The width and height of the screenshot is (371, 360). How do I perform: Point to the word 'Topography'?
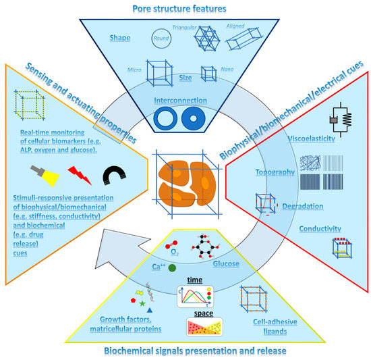(274, 172)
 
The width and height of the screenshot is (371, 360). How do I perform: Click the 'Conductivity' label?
(320, 228)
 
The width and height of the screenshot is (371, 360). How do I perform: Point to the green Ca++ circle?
(173, 268)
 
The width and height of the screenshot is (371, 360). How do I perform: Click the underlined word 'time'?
(195, 278)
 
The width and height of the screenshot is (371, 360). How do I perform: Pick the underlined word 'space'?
(194, 314)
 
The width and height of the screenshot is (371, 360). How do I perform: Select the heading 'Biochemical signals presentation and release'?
(185, 351)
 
